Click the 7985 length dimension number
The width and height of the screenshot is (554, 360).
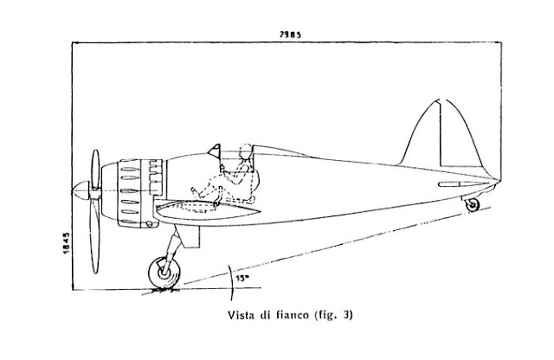coord(290,35)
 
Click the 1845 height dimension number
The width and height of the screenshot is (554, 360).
coord(66,242)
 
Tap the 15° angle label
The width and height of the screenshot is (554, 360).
coord(242,278)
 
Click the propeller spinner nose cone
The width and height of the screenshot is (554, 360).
coord(81,190)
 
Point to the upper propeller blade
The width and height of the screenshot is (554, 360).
coord(95,169)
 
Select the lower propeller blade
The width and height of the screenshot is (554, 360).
coord(94,235)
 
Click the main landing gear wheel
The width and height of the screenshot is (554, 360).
coord(164,273)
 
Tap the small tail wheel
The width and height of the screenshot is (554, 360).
coord(472,205)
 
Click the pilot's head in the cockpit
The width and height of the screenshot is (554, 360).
coord(246,151)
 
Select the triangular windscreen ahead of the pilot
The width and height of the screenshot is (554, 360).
coord(215,151)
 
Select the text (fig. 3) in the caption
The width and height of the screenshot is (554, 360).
coord(333,315)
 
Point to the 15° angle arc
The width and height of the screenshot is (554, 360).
coord(232,283)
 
